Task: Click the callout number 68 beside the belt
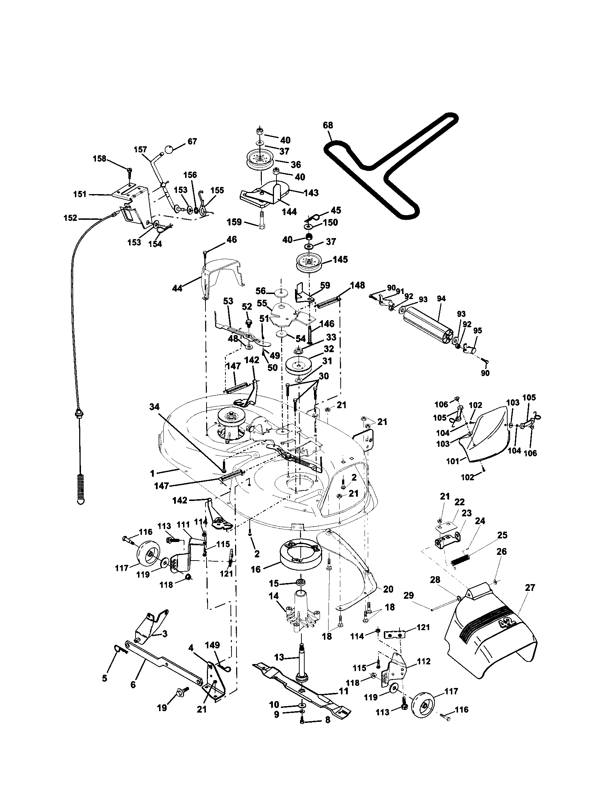(x=327, y=125)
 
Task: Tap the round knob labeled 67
(x=169, y=148)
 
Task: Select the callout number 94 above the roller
(x=441, y=299)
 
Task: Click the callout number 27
(x=530, y=587)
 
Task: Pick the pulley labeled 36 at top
(x=259, y=161)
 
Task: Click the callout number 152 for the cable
(x=70, y=218)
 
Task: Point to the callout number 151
(x=80, y=194)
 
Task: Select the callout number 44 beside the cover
(x=177, y=288)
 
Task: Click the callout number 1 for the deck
(x=152, y=474)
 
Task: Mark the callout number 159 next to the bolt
(x=234, y=222)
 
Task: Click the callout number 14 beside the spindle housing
(x=274, y=596)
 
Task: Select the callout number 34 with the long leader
(x=154, y=407)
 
